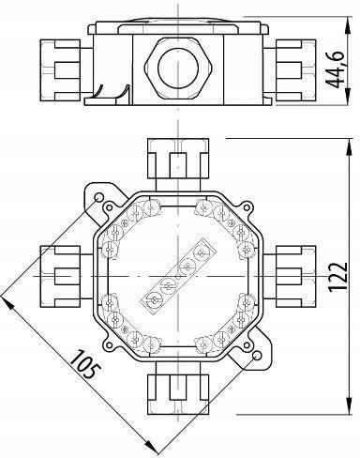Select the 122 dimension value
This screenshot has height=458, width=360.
point(335,278)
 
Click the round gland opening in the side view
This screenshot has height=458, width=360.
point(176,65)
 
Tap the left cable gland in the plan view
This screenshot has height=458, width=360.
point(63,278)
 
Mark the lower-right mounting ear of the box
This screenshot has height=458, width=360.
point(256,359)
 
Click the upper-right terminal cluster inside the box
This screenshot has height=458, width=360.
point(226,229)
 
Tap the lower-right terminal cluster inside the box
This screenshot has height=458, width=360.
point(226,325)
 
